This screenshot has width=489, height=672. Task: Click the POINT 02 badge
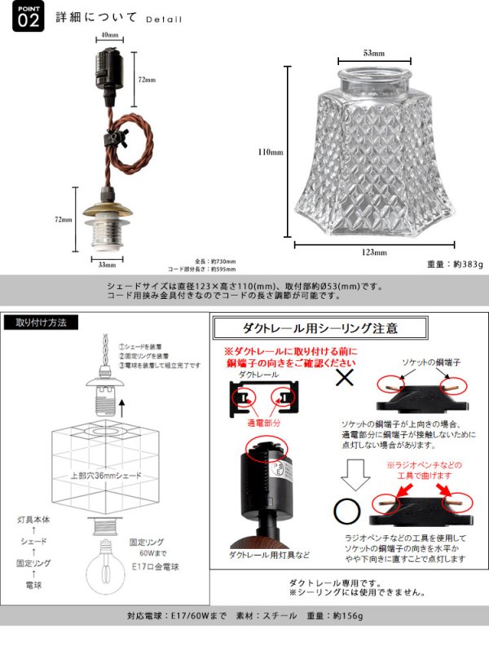[27, 18]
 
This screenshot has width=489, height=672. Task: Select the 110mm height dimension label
[271, 152]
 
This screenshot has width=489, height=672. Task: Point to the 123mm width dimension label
[374, 253]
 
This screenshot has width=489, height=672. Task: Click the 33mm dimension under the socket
[107, 265]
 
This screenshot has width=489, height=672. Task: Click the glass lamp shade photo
[374, 151]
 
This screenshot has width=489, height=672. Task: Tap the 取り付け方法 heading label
[46, 323]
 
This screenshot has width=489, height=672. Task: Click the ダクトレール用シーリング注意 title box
[319, 329]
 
